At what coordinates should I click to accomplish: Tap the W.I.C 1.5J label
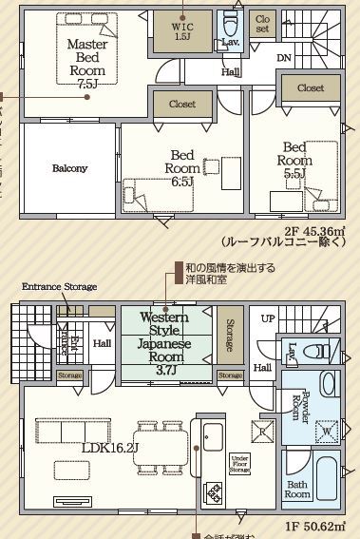tap(182, 32)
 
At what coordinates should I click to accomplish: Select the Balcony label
tap(68, 168)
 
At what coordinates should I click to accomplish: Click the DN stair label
tap(285, 58)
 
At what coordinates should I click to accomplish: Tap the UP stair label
tap(270, 318)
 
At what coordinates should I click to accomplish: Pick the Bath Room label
tap(297, 489)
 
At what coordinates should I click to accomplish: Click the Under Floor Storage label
tap(239, 463)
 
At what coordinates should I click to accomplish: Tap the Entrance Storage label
tap(60, 286)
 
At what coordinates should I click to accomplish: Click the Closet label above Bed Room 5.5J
tap(311, 87)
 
